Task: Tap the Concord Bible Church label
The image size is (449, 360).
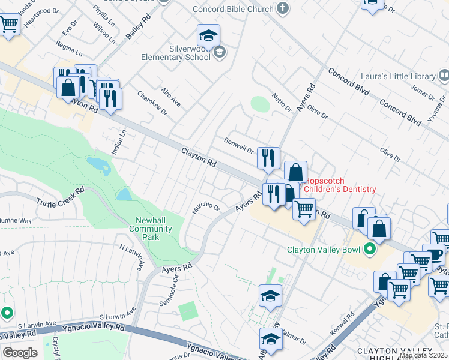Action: coord(235,8)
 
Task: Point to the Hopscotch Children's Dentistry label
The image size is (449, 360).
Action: coord(340,185)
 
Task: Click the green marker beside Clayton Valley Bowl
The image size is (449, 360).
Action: coord(369,250)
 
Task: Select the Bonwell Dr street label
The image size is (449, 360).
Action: coord(239,145)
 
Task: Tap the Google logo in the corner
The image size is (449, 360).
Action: coord(20,353)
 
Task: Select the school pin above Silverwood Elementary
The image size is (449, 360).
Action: coord(208,35)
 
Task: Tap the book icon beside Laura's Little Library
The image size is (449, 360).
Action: coord(444,76)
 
